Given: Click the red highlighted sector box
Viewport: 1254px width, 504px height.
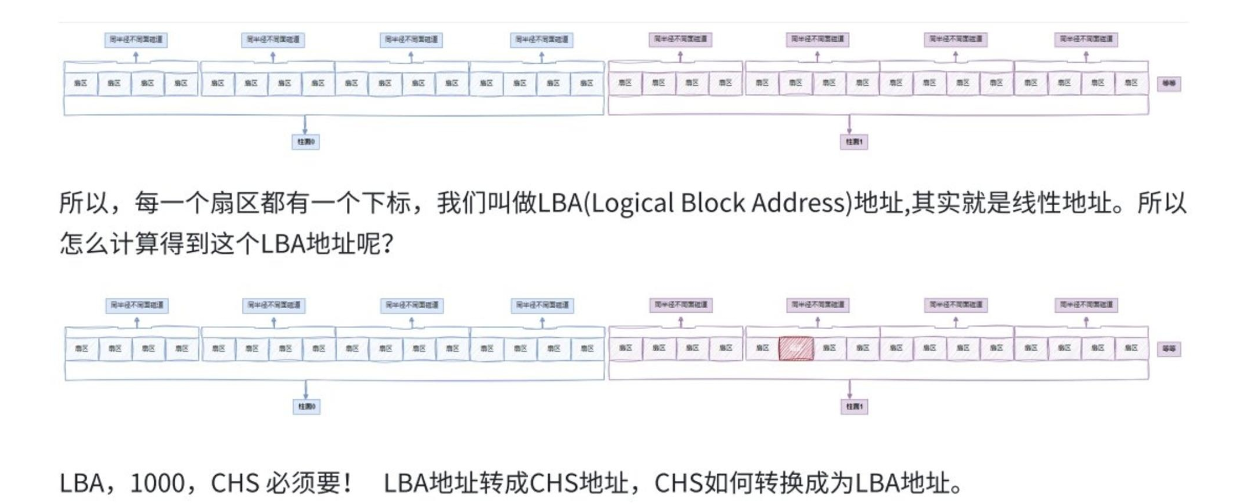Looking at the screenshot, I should pyautogui.click(x=796, y=349).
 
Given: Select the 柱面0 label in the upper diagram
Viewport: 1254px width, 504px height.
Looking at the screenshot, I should pyautogui.click(x=306, y=142).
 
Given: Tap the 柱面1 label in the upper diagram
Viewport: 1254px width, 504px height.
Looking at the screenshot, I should pyautogui.click(x=854, y=142).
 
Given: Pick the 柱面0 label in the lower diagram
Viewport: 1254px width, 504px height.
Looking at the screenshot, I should pyautogui.click(x=306, y=407).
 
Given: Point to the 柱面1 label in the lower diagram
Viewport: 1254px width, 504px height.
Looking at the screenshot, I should pyautogui.click(x=854, y=407).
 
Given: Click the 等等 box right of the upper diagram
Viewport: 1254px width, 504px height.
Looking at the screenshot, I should pyautogui.click(x=1169, y=84).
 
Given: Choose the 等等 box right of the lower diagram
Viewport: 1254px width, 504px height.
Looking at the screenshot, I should pyautogui.click(x=1169, y=349).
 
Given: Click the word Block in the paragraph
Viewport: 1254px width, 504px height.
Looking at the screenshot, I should pyautogui.click(x=712, y=203).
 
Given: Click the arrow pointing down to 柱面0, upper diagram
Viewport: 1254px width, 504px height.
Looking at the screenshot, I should pyautogui.click(x=305, y=125).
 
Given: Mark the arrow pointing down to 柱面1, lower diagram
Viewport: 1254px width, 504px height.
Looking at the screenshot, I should pyautogui.click(x=850, y=390).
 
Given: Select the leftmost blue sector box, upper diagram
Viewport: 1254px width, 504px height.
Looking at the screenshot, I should pyautogui.click(x=81, y=84).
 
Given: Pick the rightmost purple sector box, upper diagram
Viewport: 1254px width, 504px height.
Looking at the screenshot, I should pyautogui.click(x=1131, y=83).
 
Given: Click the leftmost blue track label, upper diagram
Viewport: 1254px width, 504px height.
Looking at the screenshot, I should pyautogui.click(x=136, y=40).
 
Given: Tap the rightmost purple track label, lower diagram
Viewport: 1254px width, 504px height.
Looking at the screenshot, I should pyautogui.click(x=1086, y=305).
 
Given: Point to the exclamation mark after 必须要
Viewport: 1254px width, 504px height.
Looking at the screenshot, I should pyautogui.click(x=347, y=484).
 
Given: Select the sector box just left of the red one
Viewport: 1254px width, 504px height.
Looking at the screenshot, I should pyautogui.click(x=762, y=348).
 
